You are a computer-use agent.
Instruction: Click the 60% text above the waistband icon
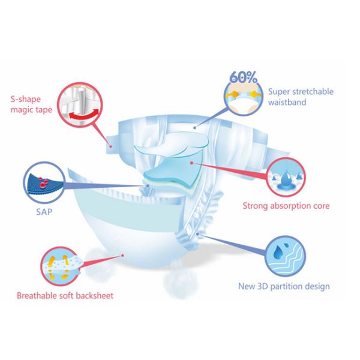click(x=244, y=77)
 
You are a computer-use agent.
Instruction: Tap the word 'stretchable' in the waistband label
click(x=313, y=92)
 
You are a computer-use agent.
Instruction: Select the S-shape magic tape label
click(x=31, y=104)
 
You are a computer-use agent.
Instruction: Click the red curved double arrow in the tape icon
click(x=84, y=115)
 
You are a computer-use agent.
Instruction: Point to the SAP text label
click(x=44, y=212)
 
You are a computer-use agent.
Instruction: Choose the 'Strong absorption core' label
click(x=286, y=206)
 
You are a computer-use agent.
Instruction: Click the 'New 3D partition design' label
click(x=284, y=286)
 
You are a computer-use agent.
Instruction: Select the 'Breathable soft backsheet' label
click(x=65, y=295)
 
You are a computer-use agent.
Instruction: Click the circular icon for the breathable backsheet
click(x=60, y=266)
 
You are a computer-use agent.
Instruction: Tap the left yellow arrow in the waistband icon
click(x=232, y=94)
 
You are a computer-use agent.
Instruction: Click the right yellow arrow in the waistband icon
click(x=256, y=94)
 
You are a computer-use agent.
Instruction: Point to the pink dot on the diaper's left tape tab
click(x=110, y=146)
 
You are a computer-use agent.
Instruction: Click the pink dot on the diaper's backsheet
click(x=122, y=256)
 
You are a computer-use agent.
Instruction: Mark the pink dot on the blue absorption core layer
click(x=192, y=163)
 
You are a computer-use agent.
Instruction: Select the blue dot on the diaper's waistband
click(x=194, y=128)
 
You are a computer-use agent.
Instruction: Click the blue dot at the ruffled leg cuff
click(x=197, y=234)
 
